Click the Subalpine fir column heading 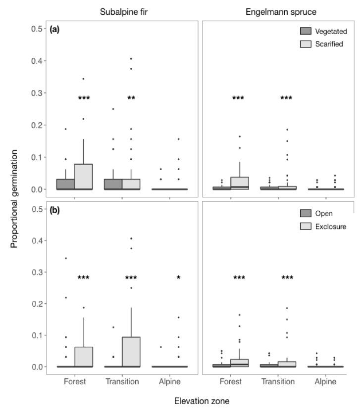click(122, 9)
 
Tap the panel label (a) click(55, 30)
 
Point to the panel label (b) click(55, 210)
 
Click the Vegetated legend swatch click(309, 32)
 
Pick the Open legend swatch click(309, 213)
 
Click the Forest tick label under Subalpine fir click(74, 382)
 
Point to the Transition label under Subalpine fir click(122, 382)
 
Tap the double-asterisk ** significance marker click(131, 98)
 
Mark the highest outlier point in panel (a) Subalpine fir click(131, 59)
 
